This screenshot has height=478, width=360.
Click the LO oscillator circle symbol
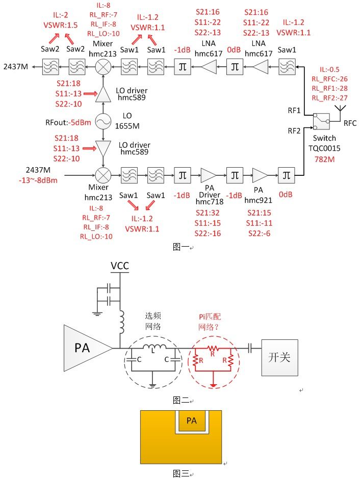pos(104,122)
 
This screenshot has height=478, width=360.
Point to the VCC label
pos(120,267)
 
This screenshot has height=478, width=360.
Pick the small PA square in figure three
pos(191,421)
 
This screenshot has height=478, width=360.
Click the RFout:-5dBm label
pos(63,122)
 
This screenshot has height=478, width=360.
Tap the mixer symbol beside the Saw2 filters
pos(104,65)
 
